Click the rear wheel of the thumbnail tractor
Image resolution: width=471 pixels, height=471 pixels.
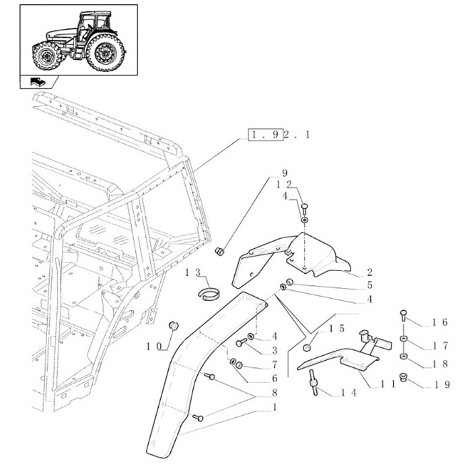click(106, 52)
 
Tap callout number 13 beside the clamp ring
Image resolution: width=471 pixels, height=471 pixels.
click(192, 272)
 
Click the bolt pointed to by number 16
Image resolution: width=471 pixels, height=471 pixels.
click(403, 314)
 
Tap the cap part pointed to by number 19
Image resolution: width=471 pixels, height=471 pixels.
click(404, 376)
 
